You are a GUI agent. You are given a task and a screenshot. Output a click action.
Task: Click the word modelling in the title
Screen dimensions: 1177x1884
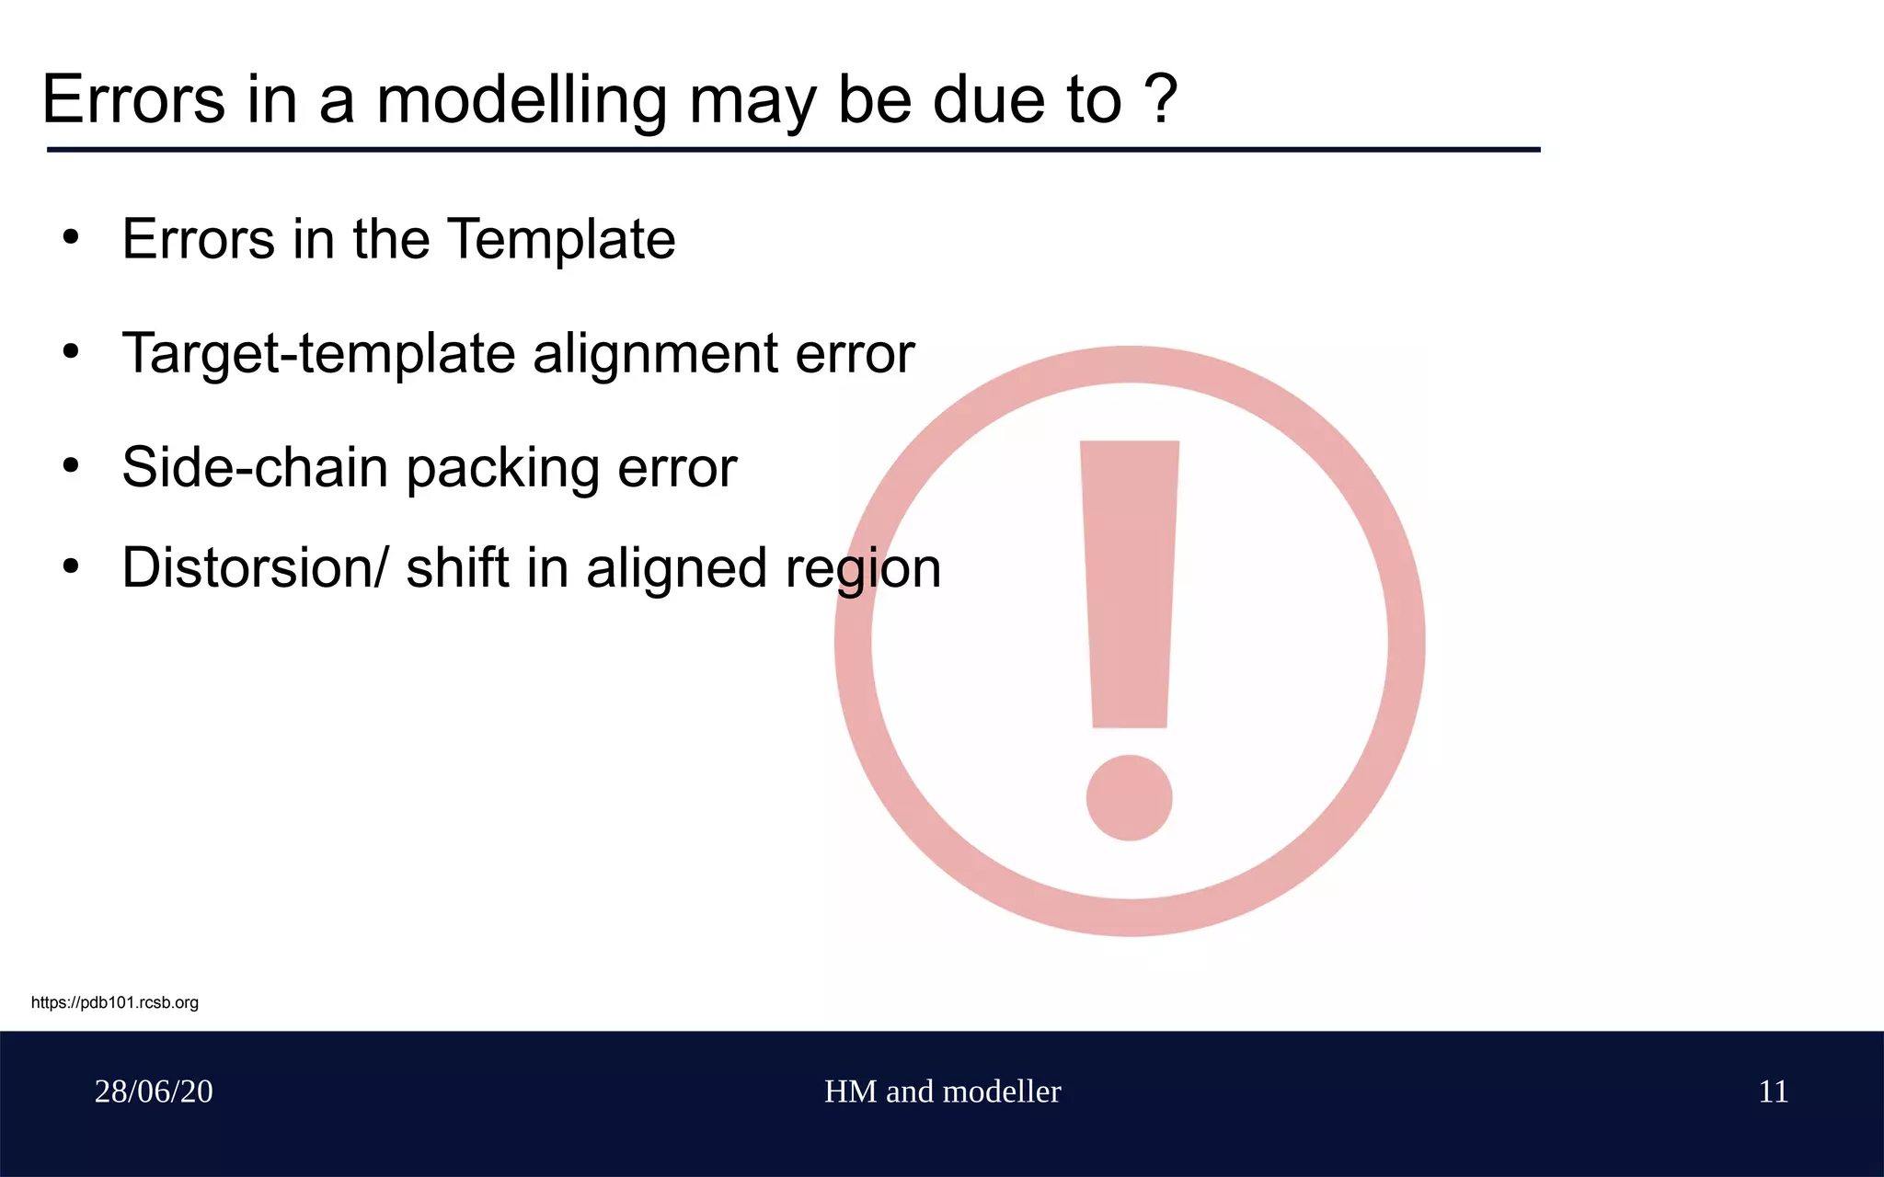tap(521, 101)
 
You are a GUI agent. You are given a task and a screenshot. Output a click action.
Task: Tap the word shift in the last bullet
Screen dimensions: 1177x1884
tap(457, 567)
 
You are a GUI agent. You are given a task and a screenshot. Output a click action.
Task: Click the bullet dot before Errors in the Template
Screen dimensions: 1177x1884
tap(71, 238)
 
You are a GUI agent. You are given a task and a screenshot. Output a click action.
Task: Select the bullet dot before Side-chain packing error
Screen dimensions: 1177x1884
tap(71, 465)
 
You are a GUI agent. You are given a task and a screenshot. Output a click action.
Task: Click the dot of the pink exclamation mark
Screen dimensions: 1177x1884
tap(1129, 797)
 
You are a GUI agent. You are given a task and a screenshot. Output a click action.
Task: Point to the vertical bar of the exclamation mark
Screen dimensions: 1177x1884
tap(1130, 584)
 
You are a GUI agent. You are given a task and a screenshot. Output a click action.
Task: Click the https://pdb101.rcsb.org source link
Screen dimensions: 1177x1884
tap(115, 1002)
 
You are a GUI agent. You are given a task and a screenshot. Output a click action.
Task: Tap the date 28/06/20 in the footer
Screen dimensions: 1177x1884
tap(154, 1091)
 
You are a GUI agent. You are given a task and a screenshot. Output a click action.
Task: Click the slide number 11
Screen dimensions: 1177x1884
tap(1773, 1091)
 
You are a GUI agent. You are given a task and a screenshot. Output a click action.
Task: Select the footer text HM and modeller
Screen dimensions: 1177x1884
tap(942, 1091)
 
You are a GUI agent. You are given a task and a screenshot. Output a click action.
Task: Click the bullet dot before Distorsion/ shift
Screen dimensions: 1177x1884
tap(71, 566)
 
